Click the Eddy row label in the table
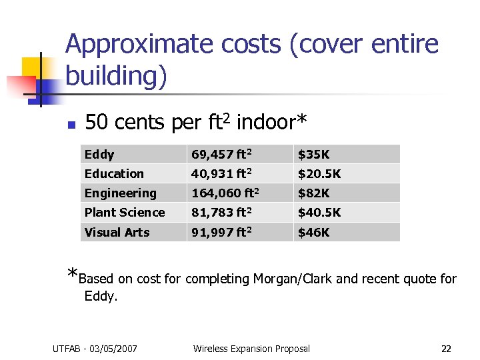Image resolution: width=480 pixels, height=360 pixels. point(99,155)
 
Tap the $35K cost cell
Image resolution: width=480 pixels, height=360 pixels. point(313,155)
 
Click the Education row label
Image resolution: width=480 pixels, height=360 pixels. point(114,174)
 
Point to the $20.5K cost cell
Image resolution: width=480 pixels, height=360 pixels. point(319,174)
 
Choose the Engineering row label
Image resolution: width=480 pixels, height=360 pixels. point(120,193)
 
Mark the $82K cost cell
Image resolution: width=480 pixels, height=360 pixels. point(313,193)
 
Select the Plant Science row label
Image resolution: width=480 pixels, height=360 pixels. point(125,213)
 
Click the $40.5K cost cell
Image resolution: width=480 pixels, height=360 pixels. point(319,213)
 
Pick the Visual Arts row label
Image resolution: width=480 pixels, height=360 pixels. point(117,233)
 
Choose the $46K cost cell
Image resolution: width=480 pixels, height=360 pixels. point(313,233)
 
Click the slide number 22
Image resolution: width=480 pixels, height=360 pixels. point(446,349)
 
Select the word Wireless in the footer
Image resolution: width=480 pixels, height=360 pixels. point(209,349)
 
